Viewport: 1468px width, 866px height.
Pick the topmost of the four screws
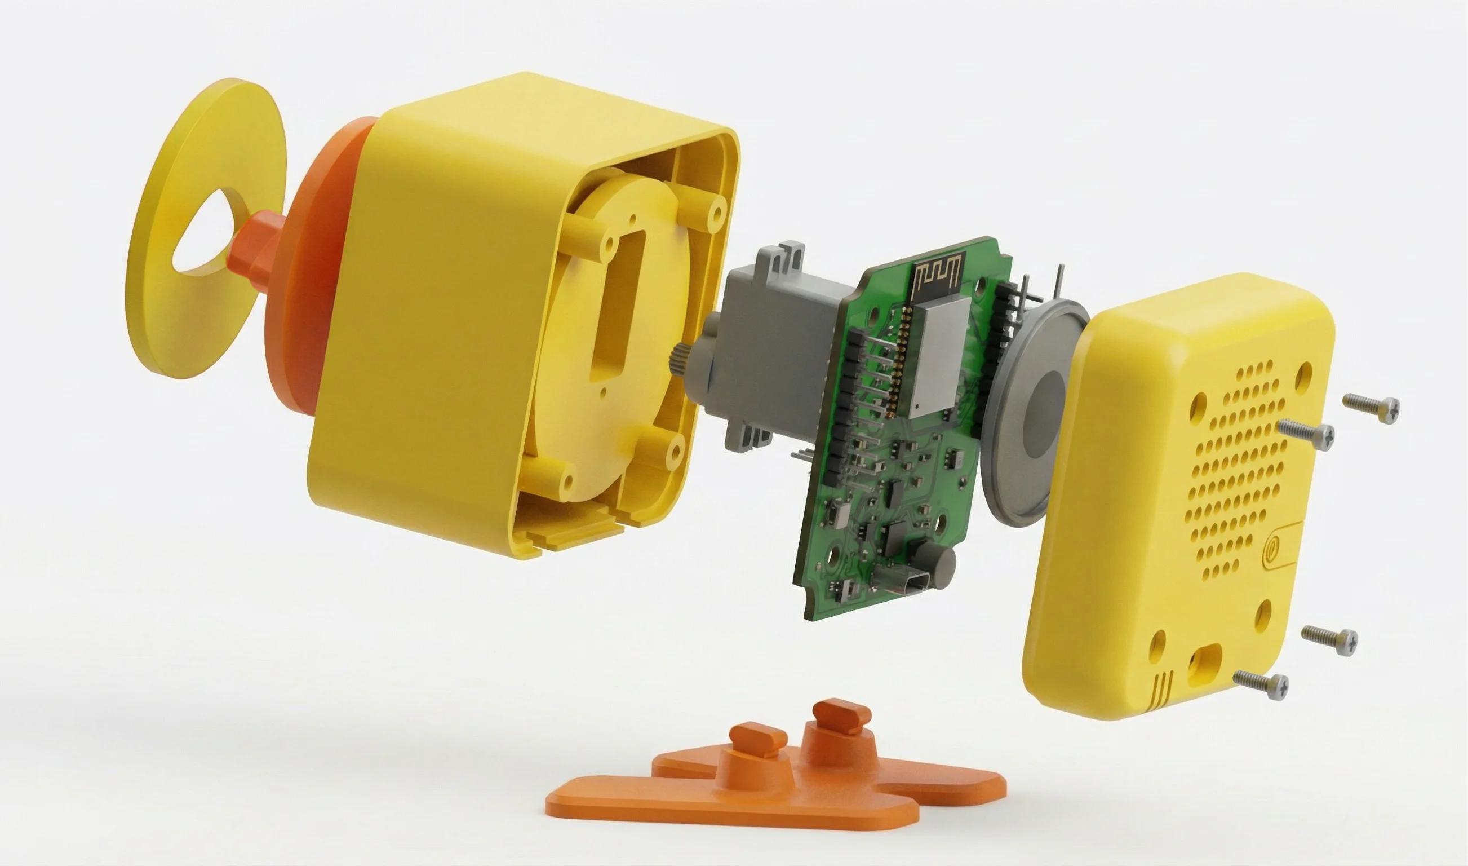[1371, 405]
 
